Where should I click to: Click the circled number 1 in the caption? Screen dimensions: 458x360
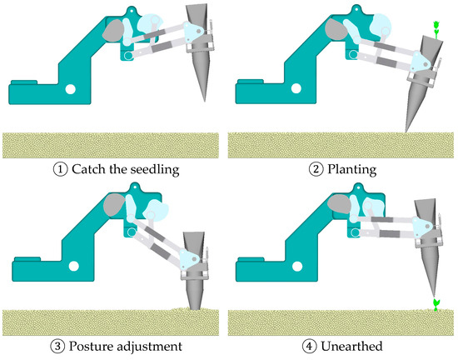[61, 169]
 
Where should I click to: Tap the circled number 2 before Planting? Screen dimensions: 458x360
[316, 169]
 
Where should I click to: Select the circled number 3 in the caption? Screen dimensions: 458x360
[57, 347]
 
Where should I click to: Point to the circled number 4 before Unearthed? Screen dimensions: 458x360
[310, 347]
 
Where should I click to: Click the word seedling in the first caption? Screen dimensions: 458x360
[155, 170]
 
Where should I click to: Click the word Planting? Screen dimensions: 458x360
[352, 170]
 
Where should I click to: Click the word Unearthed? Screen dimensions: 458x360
[351, 347]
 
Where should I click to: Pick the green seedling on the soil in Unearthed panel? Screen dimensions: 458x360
[436, 304]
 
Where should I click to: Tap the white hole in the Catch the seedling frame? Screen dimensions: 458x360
[71, 89]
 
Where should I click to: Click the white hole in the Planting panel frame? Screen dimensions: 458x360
[296, 88]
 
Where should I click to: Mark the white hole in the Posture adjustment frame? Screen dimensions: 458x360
[73, 266]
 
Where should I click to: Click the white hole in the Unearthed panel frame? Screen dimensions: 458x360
[297, 266]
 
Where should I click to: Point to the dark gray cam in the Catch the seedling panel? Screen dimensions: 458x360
[113, 30]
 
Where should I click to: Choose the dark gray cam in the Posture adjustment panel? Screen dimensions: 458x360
[115, 204]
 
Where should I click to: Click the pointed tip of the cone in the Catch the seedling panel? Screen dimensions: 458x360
[205, 101]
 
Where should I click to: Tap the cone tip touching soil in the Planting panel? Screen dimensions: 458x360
[406, 132]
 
